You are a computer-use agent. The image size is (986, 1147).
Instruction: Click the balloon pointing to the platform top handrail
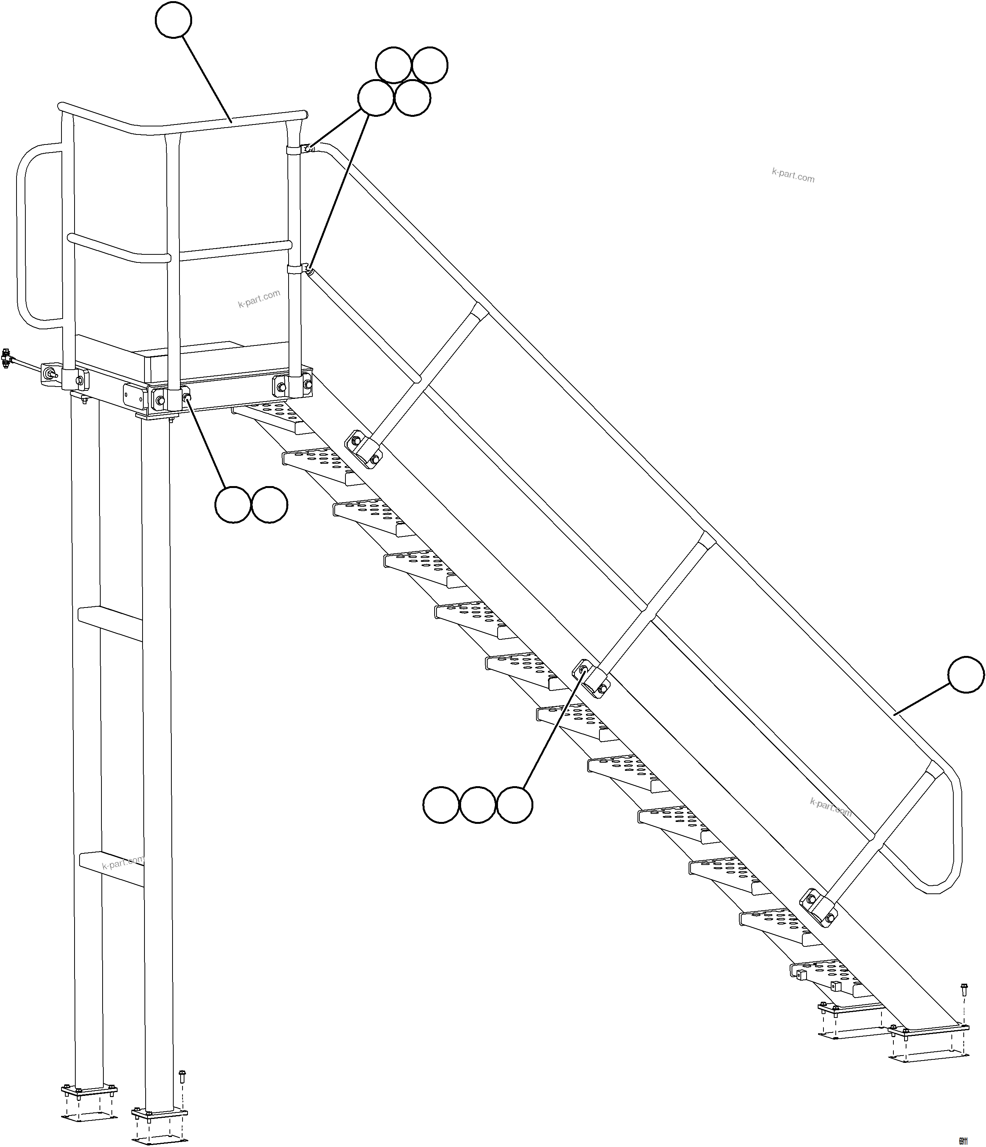tap(173, 20)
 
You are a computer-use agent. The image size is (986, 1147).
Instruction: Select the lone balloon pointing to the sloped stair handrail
tap(966, 675)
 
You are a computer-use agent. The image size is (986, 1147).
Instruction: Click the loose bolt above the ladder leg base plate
tap(182, 1077)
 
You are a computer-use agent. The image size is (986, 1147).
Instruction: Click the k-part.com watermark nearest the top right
tap(793, 176)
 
